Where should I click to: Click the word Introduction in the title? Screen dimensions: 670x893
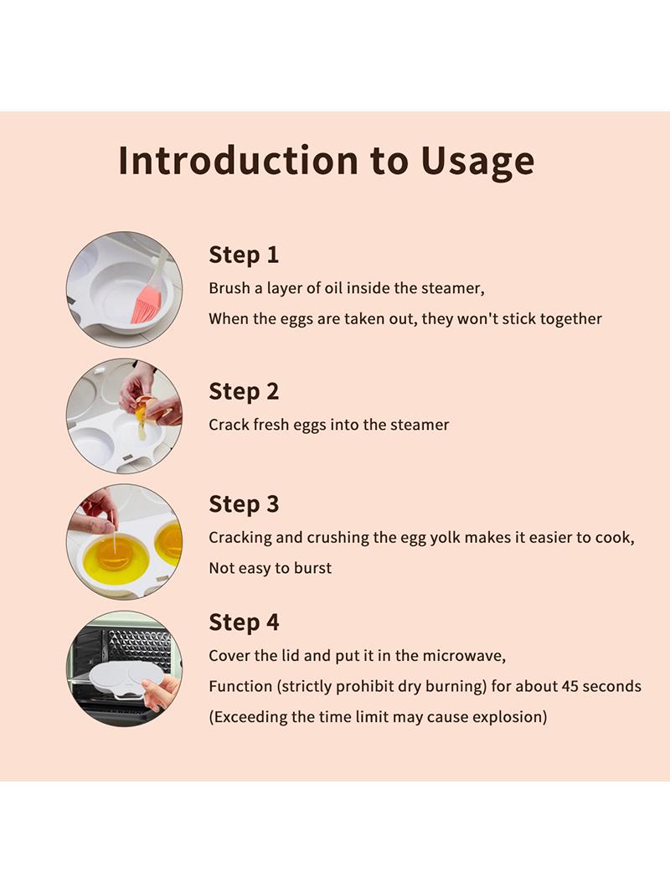[x=239, y=160]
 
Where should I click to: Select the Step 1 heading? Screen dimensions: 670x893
[x=244, y=255]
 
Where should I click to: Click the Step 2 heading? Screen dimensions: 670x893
[x=244, y=391]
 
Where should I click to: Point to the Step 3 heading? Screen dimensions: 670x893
[x=244, y=504]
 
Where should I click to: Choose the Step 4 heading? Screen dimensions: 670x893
[x=244, y=622]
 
